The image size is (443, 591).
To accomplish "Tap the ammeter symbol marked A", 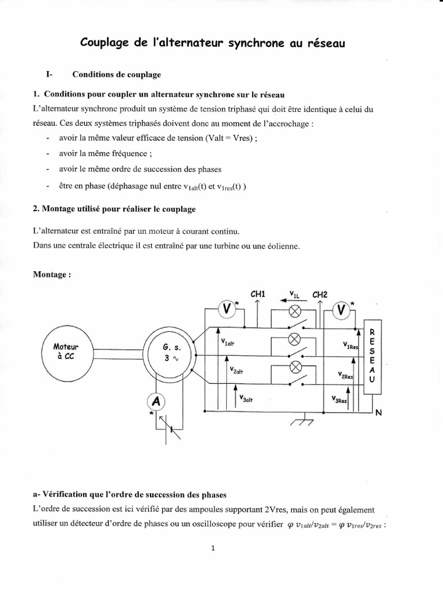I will (154, 401).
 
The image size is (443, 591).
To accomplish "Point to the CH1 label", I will (258, 294).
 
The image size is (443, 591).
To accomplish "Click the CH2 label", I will (320, 294).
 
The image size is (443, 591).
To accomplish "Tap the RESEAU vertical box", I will (371, 356).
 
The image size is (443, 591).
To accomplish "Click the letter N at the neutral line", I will (378, 412).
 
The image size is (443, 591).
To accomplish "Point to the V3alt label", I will (246, 399).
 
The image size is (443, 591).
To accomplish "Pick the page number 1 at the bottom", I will (213, 548).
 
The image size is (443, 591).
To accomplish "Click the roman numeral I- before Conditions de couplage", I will (50, 74).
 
